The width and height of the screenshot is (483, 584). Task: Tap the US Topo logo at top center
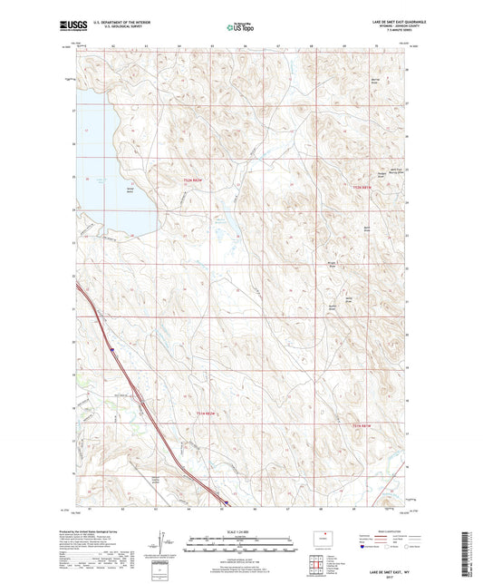tap(239, 27)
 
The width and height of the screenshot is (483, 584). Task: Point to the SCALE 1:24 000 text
tap(241, 530)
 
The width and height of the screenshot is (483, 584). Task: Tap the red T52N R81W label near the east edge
tap(363, 186)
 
